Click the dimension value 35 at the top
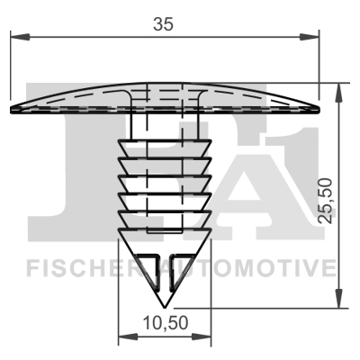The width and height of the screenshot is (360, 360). (163, 24)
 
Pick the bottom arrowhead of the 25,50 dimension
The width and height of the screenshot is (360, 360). (338, 303)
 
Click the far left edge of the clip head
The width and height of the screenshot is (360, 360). (11, 109)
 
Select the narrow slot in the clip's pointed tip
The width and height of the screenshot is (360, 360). (165, 274)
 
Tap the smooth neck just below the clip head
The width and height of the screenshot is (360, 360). (164, 126)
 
